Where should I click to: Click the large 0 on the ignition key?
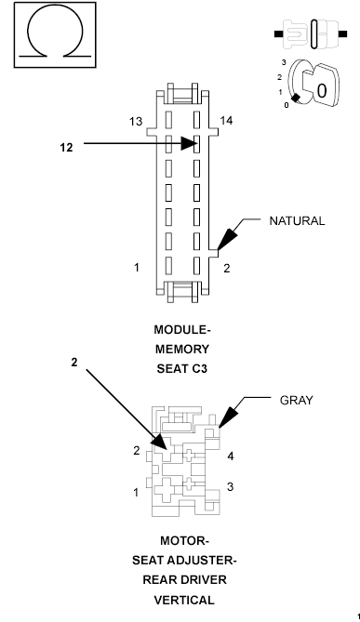321,92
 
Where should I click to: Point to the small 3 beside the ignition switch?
283,61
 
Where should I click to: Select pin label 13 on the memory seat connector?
137,122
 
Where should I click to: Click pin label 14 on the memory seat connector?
226,122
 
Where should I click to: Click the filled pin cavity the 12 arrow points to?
197,144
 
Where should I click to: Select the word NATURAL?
297,221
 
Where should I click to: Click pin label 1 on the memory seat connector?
137,268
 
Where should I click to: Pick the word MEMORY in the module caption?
181,349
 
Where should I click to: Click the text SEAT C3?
181,367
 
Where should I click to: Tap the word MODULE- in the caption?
181,330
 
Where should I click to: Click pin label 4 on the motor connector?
230,457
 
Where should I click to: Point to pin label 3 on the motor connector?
230,487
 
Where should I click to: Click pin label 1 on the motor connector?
136,491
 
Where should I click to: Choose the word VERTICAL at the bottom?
183,600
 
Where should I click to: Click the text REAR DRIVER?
183,580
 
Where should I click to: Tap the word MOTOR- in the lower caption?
183,541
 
